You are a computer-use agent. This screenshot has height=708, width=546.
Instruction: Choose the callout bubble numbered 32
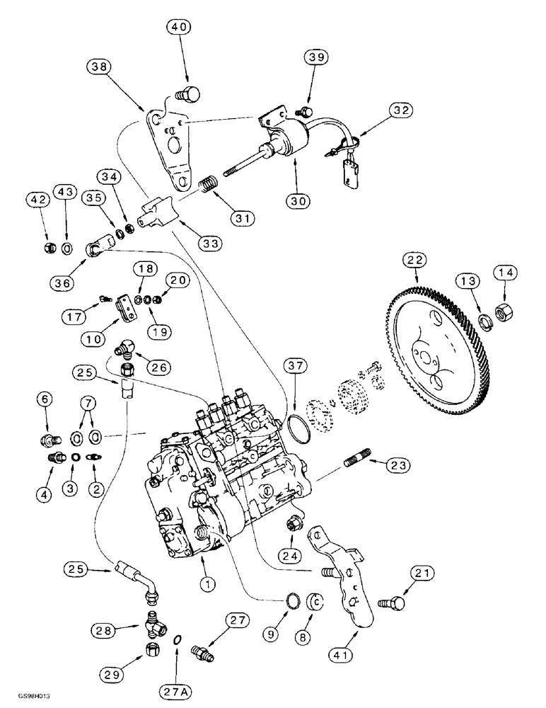tap(400, 110)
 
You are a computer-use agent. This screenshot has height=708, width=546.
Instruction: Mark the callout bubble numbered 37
tap(296, 366)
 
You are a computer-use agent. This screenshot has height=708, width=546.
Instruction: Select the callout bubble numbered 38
tap(100, 67)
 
